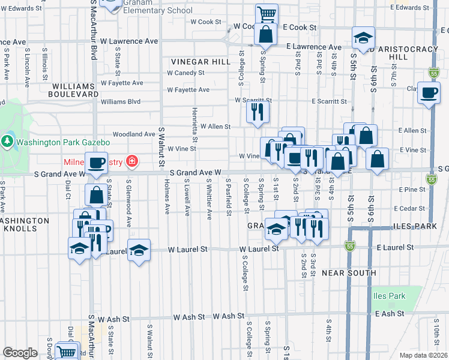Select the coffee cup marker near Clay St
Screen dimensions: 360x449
(x=429, y=93)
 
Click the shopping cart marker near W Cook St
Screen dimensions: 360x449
(x=266, y=13)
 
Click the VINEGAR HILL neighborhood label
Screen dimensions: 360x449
(x=200, y=62)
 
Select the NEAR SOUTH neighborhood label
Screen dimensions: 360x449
(x=349, y=272)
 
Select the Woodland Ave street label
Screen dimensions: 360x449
(x=133, y=134)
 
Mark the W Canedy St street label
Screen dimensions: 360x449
(x=186, y=73)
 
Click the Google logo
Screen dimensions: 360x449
(x=20, y=352)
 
